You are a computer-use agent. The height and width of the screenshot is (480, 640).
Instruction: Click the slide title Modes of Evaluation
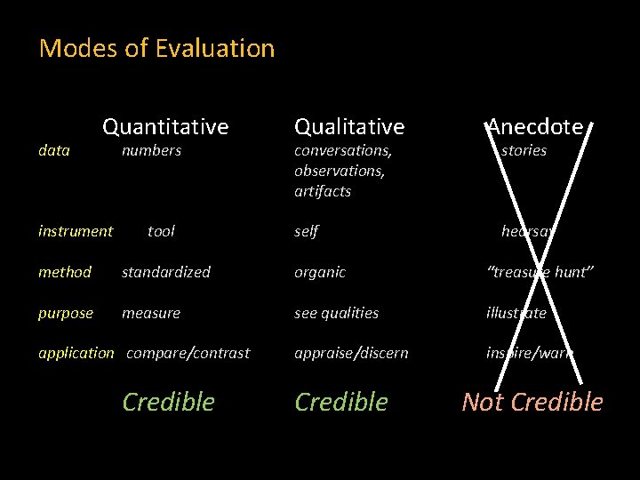point(156,48)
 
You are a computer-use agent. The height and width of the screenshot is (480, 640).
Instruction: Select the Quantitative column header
point(165,127)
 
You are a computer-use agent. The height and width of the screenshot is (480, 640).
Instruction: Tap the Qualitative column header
point(348,127)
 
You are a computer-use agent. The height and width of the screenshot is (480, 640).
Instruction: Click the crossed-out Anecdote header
point(534,127)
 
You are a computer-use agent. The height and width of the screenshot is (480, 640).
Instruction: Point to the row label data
point(54,150)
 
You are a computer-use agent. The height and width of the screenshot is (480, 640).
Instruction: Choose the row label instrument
point(76,231)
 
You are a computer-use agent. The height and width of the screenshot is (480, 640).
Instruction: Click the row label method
point(65,272)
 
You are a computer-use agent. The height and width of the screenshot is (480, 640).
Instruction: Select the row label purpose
point(66,313)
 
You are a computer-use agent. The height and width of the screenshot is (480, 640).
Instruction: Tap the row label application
point(76,353)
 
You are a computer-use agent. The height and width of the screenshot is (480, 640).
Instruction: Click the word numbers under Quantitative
point(151,150)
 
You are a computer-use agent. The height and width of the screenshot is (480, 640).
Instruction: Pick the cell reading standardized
point(166,272)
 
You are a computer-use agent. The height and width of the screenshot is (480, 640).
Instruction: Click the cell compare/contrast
point(188,353)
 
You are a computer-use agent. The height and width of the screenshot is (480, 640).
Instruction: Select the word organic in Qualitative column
point(320,272)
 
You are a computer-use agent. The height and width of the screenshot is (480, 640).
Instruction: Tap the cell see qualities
point(336,313)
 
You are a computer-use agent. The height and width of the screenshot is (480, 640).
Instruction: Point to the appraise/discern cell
point(351,353)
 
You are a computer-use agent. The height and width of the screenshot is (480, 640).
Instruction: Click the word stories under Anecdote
point(524,150)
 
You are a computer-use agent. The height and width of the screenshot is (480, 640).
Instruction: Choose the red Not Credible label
point(532,402)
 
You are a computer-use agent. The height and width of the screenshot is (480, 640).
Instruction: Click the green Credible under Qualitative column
point(341,402)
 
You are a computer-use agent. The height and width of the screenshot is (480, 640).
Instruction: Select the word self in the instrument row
point(306,231)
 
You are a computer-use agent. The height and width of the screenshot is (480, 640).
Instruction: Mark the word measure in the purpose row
point(151,313)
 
